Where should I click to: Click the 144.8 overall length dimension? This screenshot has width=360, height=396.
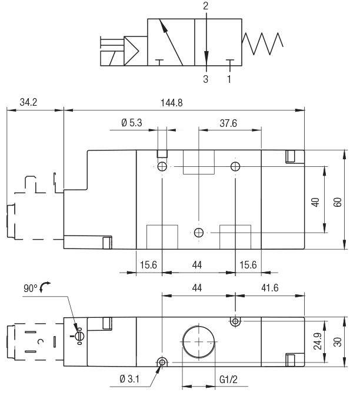pyautogui.click(x=171, y=102)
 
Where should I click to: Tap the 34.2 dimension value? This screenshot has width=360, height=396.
pyautogui.click(x=28, y=102)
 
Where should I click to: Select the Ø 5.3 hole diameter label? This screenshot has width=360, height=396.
pyautogui.click(x=132, y=123)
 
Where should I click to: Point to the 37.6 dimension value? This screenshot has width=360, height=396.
pyautogui.click(x=228, y=123)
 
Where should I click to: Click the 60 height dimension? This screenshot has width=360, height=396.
pyautogui.click(x=337, y=201)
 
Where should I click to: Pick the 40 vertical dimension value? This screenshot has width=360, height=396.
pyautogui.click(x=316, y=201)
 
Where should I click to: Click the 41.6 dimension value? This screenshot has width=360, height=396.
pyautogui.click(x=270, y=288)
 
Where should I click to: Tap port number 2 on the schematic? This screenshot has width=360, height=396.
pyautogui.click(x=205, y=6)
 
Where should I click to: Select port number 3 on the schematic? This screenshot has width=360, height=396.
pyautogui.click(x=205, y=79)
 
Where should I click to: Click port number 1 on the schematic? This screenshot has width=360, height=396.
pyautogui.click(x=229, y=79)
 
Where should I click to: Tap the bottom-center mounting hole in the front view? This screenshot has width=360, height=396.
pyautogui.click(x=199, y=233)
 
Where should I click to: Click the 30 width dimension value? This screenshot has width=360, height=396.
pyautogui.click(x=337, y=341)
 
